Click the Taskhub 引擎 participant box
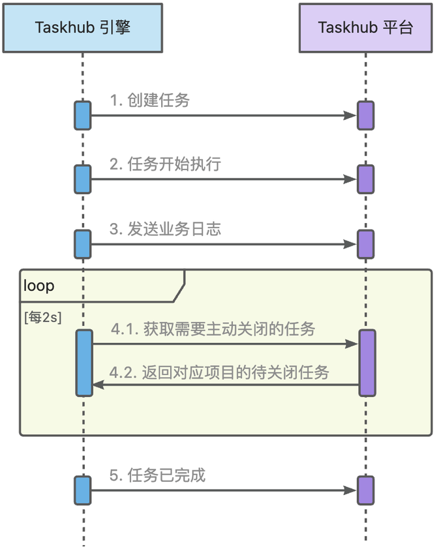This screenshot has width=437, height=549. point(82,27)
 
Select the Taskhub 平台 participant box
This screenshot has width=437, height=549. point(365,27)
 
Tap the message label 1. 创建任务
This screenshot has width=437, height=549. point(150,100)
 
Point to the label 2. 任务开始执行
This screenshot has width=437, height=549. point(165,164)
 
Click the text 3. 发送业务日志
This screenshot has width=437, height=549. point(165,229)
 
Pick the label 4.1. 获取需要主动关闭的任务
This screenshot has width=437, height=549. point(213,329)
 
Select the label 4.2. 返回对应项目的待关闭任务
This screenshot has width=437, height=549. point(219,373)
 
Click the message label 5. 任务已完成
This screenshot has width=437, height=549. point(157,475)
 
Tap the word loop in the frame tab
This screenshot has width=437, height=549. point(39,286)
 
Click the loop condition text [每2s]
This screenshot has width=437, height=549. point(43,318)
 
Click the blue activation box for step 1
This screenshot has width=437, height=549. point(82,115)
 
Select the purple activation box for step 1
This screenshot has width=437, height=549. point(365,115)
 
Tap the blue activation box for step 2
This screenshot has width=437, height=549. point(82,179)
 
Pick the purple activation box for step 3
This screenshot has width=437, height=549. point(365,244)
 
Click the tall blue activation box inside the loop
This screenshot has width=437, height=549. point(84,363)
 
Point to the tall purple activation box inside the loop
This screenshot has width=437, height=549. point(367,363)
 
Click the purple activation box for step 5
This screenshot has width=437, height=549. point(365,490)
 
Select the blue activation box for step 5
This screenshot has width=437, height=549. point(82,490)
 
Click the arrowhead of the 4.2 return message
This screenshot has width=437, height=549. point(98,385)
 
